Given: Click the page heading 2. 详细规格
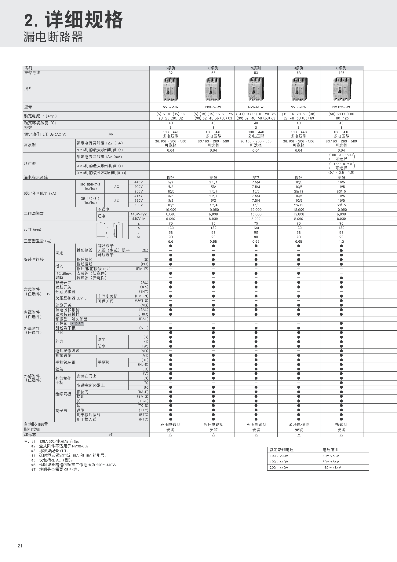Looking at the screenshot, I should tap(73, 20).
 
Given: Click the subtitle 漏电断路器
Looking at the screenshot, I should tap(53, 37).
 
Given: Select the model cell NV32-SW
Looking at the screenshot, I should tap(170, 107).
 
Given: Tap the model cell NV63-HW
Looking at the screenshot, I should tap(298, 107).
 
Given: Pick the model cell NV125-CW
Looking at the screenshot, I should tap(341, 107).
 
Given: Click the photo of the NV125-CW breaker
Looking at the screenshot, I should tap(341, 89).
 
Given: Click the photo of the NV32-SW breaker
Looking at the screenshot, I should tap(170, 89).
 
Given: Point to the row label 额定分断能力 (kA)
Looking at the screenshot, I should tap(40, 193).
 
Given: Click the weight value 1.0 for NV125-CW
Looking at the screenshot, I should tap(341, 241).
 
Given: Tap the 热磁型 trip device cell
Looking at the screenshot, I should tap(341, 424).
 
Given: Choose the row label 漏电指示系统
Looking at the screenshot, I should tap(36, 178).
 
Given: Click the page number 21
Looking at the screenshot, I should tap(20, 546).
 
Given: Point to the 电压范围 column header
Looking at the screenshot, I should tap(330, 450).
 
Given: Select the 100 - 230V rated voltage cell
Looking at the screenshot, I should tap(279, 456).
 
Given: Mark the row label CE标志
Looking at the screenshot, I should tap(30, 435).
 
